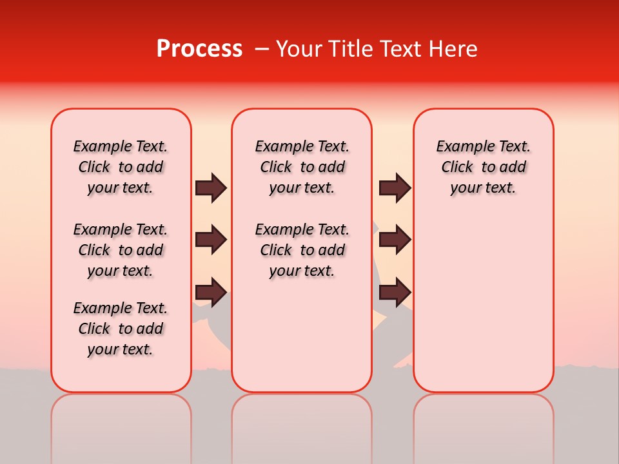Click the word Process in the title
[x=199, y=49]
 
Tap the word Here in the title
[x=452, y=49]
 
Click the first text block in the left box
[x=121, y=167]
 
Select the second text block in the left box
[x=121, y=250]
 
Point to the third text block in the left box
[x=121, y=329]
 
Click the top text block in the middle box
[x=302, y=167]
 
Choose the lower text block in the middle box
[x=302, y=250]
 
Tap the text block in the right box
[x=483, y=167]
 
